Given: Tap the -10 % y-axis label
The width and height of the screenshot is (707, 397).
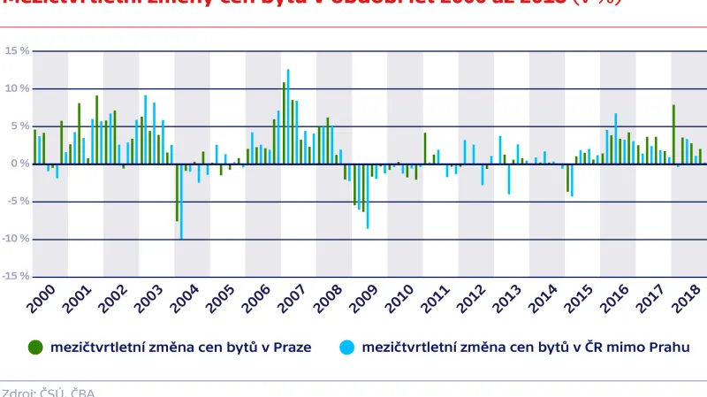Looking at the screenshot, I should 16,239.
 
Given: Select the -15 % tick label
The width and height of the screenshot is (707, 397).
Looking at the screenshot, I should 16,277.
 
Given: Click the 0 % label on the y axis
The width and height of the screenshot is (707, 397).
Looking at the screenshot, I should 19,164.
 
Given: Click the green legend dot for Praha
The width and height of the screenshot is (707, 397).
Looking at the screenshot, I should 35,346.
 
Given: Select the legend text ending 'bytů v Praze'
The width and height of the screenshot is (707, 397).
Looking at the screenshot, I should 182,346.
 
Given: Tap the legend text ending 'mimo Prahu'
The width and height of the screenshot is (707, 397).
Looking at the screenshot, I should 525,346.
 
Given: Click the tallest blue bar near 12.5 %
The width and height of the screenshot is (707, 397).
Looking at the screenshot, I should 288,115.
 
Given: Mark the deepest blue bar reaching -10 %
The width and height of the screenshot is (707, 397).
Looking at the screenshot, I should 181,202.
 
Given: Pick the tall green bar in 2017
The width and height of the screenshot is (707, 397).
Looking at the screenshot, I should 673,134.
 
